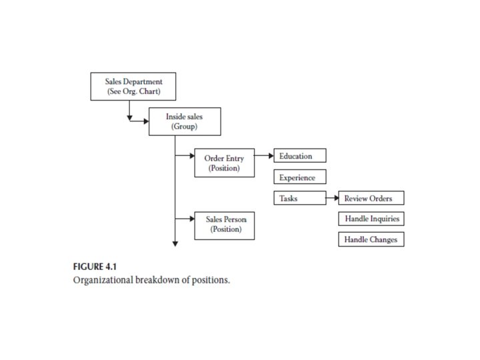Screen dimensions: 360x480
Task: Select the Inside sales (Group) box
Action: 184,121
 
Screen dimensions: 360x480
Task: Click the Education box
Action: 299,156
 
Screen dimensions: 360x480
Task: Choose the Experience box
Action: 299,177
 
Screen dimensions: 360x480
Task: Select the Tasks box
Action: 299,198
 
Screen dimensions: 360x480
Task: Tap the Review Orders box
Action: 371,198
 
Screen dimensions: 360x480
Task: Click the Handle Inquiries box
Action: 371,219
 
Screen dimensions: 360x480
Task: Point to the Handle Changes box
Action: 371,239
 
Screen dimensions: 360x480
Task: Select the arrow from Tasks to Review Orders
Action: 331,198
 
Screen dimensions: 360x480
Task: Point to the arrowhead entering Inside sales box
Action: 145,121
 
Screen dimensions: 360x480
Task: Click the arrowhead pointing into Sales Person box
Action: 191,218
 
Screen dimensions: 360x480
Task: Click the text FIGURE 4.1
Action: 94,267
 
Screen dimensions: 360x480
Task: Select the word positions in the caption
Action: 212,280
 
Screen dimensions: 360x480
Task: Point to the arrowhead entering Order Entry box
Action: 191,157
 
